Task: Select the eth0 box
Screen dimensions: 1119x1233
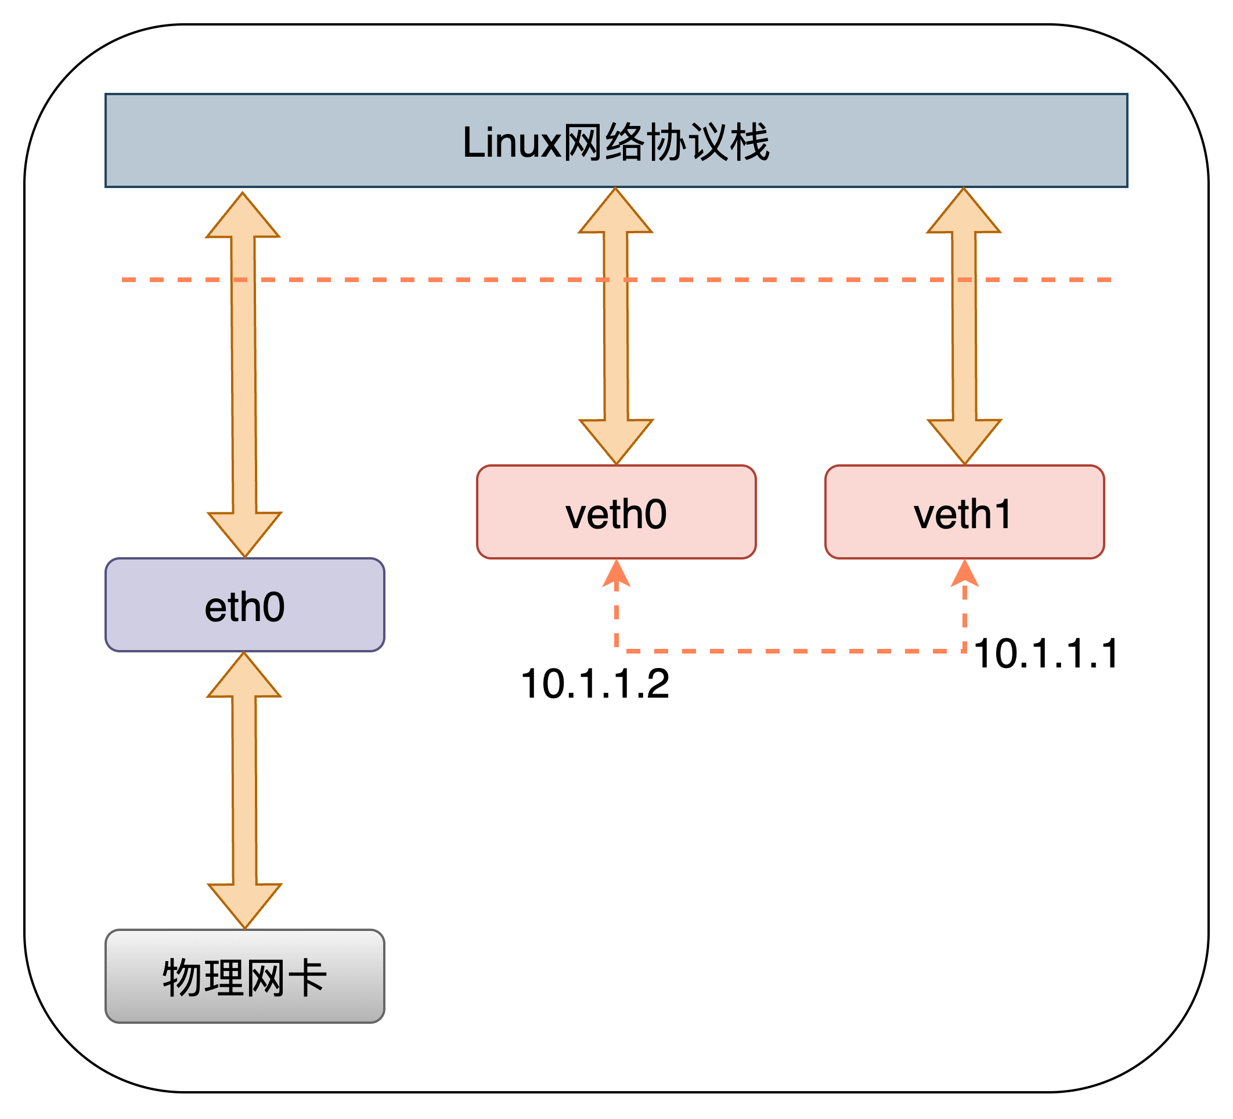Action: (x=244, y=605)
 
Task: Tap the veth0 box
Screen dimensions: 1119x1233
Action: (x=616, y=512)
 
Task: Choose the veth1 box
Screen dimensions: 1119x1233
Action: (x=964, y=512)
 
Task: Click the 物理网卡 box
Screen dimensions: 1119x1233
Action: (x=244, y=977)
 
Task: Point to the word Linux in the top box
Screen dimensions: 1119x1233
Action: (x=511, y=142)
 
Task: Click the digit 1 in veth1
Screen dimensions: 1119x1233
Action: (x=1002, y=514)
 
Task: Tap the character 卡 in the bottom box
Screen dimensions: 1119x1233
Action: (x=308, y=977)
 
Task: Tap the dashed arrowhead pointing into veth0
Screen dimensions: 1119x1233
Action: (x=616, y=573)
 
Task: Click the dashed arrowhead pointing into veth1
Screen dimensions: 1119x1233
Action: (x=964, y=573)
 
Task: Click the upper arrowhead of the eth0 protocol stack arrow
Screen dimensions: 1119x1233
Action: (x=243, y=217)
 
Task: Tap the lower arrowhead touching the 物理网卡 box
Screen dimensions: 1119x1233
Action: (x=244, y=905)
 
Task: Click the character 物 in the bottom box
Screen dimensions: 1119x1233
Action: (x=182, y=977)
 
